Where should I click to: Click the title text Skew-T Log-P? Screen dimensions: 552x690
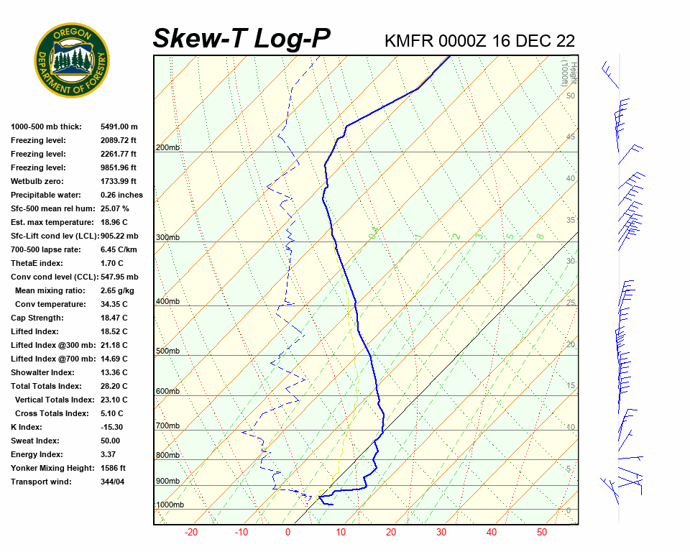pyautogui.click(x=242, y=39)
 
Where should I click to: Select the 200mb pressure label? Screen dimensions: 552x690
pyautogui.click(x=167, y=148)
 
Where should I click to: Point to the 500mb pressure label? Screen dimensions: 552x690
pyautogui.click(x=167, y=351)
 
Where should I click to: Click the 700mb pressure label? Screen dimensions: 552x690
pyautogui.click(x=167, y=426)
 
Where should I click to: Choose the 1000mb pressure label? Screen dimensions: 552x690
pyautogui.click(x=170, y=505)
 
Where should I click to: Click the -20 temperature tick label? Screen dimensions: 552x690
pyautogui.click(x=191, y=533)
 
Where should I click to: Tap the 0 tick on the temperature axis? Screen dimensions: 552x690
pyautogui.click(x=287, y=533)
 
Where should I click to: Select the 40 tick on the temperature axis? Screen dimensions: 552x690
pyautogui.click(x=492, y=533)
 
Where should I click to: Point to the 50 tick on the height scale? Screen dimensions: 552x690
pyautogui.click(x=570, y=96)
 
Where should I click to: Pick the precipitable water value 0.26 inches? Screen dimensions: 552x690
pyautogui.click(x=121, y=195)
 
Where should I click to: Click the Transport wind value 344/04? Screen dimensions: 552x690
pyautogui.click(x=115, y=482)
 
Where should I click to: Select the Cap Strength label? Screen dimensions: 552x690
pyautogui.click(x=37, y=318)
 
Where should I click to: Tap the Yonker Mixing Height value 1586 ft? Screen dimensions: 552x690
pyautogui.click(x=113, y=468)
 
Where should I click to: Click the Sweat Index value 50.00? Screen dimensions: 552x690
pyautogui.click(x=111, y=441)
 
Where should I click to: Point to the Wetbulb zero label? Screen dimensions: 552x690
pyautogui.click(x=37, y=181)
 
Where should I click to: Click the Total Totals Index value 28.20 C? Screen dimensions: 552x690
pyautogui.click(x=114, y=386)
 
